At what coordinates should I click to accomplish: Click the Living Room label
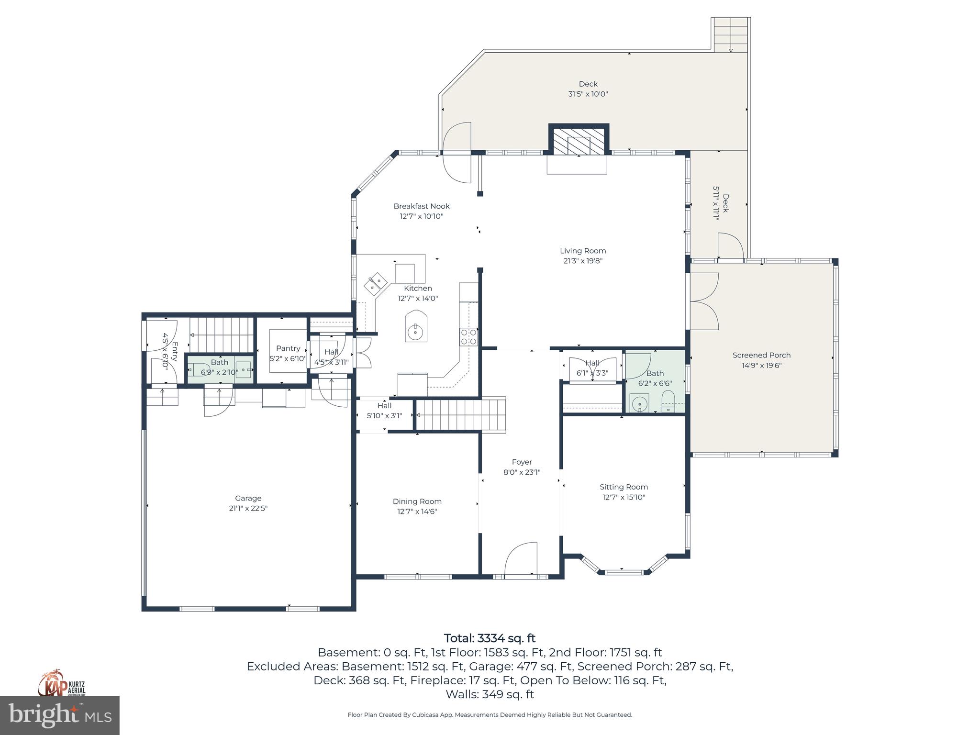pos(583,251)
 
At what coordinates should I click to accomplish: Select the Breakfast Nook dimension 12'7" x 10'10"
pos(422,216)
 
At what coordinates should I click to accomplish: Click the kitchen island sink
pos(415,331)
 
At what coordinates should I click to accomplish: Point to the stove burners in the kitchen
pos(468,337)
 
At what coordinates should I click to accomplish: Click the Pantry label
pos(288,348)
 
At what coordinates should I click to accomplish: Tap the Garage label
pos(248,498)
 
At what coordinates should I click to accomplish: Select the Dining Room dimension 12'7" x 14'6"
pos(417,512)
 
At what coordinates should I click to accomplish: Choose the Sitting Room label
pos(624,487)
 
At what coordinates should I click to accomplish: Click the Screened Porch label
pos(761,355)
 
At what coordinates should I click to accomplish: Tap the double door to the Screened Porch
pos(703,301)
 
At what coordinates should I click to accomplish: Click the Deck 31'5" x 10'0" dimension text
pos(588,94)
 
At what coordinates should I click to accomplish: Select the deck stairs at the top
pos(730,34)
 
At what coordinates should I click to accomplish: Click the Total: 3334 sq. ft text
pos(490,638)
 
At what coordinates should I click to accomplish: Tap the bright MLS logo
pos(59,715)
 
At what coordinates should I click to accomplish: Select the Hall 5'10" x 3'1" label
pos(384,411)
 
